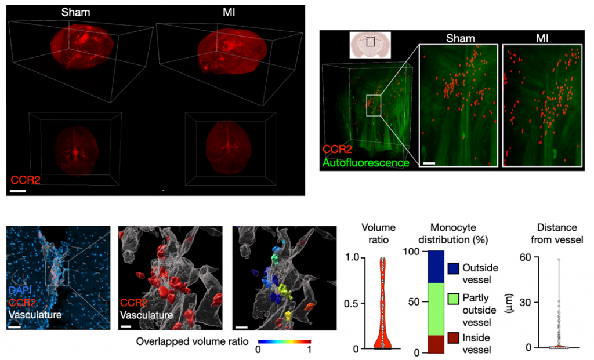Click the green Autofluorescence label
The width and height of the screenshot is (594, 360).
(365, 163)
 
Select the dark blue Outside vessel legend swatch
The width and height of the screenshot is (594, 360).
(454, 269)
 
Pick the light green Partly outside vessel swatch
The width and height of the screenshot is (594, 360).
(454, 300)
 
